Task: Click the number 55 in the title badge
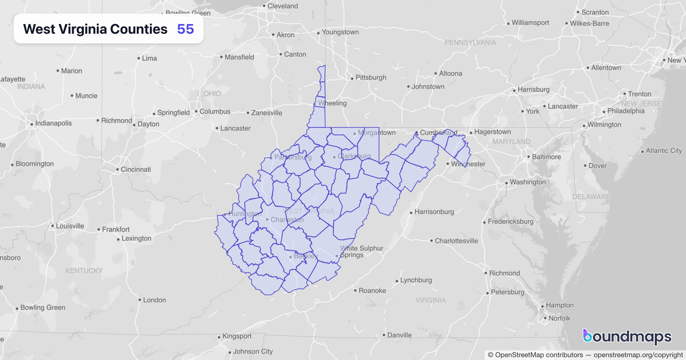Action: click(185, 29)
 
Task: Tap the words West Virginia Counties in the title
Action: click(95, 29)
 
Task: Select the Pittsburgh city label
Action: click(370, 77)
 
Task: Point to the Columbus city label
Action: click(214, 111)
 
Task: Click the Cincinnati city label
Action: click(135, 169)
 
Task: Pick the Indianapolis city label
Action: click(53, 123)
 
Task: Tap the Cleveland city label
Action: click(282, 6)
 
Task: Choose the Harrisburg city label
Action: click(533, 90)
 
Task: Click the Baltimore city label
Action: click(546, 157)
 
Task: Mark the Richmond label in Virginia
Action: click(504, 273)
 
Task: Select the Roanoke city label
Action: click(372, 290)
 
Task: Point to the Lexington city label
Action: click(137, 238)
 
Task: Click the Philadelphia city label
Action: click(625, 111)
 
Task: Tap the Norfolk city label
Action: click(559, 318)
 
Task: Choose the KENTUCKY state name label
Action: click(83, 270)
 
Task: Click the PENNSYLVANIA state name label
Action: click(470, 42)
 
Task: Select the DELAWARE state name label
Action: click(591, 197)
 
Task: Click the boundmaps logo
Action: click(627, 337)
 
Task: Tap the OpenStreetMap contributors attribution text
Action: click(536, 355)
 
